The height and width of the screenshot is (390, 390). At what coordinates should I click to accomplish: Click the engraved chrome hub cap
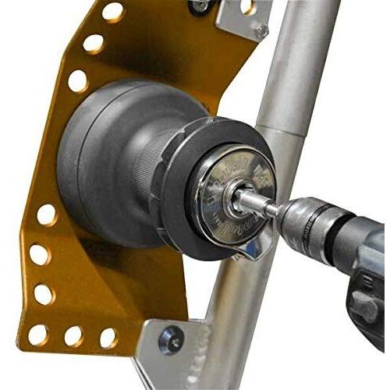click(x=234, y=195)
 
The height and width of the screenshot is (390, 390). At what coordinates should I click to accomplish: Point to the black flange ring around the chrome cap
click(x=187, y=226)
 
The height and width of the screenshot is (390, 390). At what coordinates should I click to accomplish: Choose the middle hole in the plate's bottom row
click(x=73, y=336)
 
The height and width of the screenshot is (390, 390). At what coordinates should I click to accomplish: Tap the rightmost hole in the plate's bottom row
click(x=108, y=337)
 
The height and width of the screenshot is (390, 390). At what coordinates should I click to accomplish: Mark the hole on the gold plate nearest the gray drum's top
click(x=77, y=80)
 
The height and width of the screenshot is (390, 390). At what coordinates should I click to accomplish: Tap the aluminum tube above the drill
click(x=300, y=78)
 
